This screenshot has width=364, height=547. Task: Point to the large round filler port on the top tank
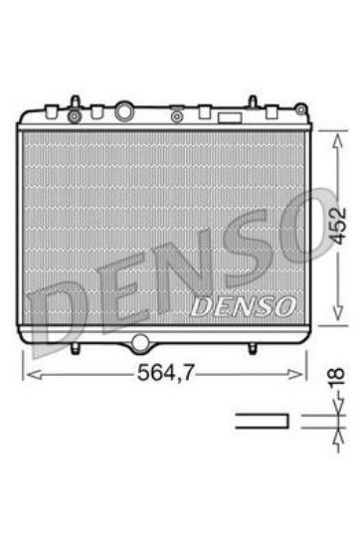point(124,111)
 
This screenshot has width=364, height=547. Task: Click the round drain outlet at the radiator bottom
point(139,344)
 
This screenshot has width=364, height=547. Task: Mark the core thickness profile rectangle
point(262,420)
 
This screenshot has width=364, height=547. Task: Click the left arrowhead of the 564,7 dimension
point(28,374)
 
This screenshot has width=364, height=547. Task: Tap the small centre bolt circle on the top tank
point(175,114)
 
